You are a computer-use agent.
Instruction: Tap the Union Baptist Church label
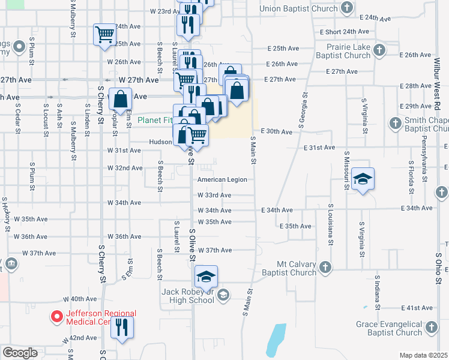coord(298,8)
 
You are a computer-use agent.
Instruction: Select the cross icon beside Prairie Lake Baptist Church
coord(379,49)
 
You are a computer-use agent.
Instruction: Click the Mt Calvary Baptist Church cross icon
coord(324,266)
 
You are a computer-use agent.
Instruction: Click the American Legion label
coord(223,179)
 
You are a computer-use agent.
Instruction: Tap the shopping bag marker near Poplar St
coord(121,98)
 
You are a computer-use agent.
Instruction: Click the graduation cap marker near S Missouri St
coord(363,179)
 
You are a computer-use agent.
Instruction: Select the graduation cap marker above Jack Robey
coord(206,277)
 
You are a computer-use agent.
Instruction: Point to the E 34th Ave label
coord(277,210)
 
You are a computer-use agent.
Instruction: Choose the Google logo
coord(20,353)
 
